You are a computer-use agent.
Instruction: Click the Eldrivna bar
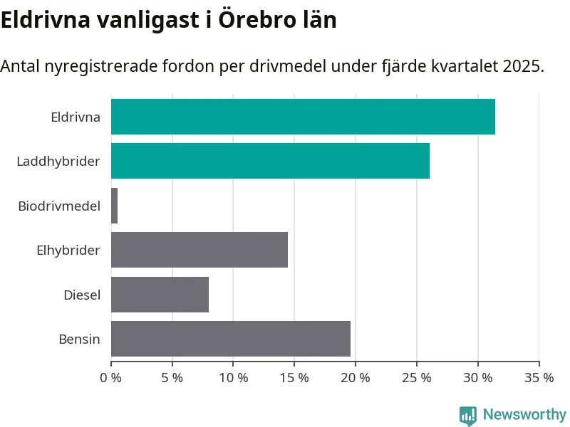[303, 117]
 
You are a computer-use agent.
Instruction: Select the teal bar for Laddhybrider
[270, 161]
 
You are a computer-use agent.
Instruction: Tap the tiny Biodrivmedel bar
[115, 206]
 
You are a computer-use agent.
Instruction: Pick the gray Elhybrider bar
[199, 250]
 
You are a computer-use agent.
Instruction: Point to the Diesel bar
[160, 295]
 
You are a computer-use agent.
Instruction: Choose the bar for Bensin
[231, 339]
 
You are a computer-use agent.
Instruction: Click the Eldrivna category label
[76, 117]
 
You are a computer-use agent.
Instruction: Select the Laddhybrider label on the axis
[58, 162]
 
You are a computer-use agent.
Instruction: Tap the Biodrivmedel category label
[59, 206]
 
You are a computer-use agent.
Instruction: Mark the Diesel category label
[82, 295]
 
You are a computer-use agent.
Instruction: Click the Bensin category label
[79, 339]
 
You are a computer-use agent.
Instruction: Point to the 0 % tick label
[112, 378]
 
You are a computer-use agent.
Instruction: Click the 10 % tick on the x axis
[234, 378]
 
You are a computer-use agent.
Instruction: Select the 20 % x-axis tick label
[356, 378]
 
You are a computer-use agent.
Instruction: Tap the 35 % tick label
[539, 378]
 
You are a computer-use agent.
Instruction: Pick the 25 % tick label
[417, 378]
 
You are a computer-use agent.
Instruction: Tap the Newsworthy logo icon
[468, 415]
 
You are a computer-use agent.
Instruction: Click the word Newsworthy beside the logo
[524, 414]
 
